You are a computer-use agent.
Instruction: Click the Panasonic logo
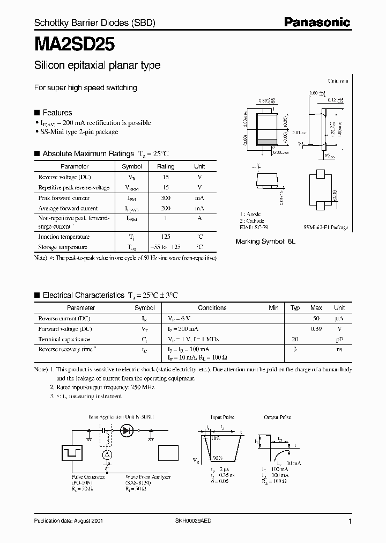pos(317,22)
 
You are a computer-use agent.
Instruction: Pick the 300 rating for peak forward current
pos(166,198)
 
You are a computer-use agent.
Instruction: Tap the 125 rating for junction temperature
pos(166,237)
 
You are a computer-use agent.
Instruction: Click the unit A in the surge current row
pos(199,218)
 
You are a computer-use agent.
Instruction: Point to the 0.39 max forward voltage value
pos(316,328)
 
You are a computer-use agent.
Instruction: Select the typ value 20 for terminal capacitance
pos(295,339)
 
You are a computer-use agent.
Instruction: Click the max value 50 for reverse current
pos(316,318)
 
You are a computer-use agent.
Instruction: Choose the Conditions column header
pos(212,308)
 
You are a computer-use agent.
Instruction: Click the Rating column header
pos(166,166)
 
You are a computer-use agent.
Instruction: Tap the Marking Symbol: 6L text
pos(265,241)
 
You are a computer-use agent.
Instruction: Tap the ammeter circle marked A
pos(107,454)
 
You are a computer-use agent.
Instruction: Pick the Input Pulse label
pos(223,417)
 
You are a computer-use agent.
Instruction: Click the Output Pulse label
pos(278,417)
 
